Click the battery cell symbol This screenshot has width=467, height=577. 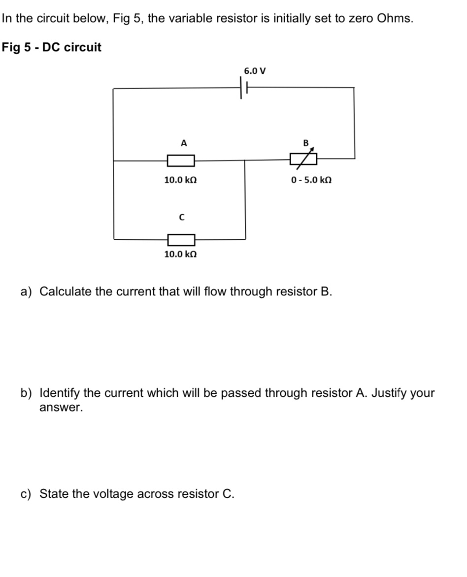[244, 89]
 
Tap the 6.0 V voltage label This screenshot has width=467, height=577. [255, 71]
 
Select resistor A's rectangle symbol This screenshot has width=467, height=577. [181, 160]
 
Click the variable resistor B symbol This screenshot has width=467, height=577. [303, 159]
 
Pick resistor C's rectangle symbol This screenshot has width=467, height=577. [181, 240]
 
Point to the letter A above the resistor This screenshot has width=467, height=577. [184, 143]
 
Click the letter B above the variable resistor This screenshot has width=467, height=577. [305, 143]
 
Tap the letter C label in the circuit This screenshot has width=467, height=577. [181, 217]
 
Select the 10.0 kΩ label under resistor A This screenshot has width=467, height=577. [180, 180]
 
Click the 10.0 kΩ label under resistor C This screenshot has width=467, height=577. [180, 254]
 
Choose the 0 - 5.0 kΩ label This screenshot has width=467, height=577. [311, 180]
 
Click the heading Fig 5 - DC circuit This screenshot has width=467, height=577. [51, 48]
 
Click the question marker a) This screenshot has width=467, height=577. [26, 291]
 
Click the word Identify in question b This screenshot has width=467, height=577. [60, 393]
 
